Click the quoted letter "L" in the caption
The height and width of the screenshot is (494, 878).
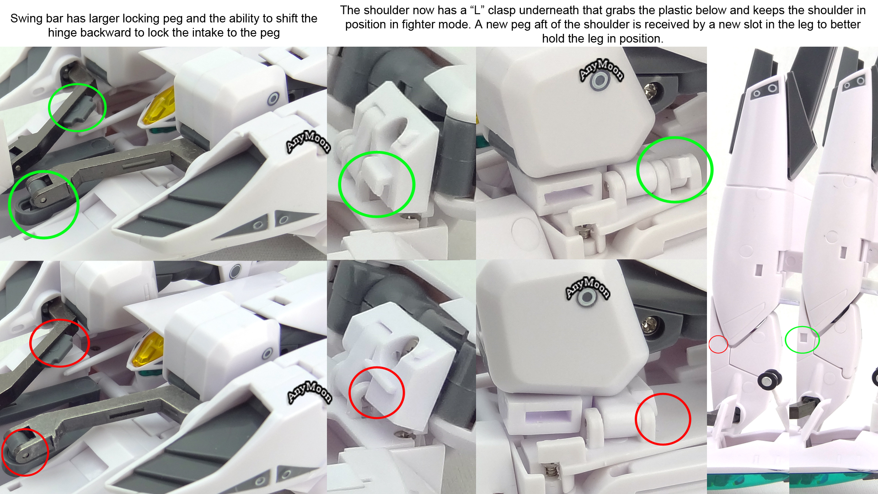coord(477,10)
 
